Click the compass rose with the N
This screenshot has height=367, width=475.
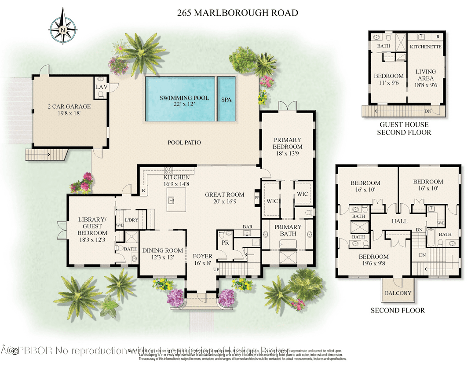(62, 29)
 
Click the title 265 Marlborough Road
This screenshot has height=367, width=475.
(237, 13)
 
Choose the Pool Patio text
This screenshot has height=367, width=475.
(184, 143)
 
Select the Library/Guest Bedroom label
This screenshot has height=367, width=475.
(92, 226)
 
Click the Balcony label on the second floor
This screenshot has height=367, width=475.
(398, 293)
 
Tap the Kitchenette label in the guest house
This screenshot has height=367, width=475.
(425, 46)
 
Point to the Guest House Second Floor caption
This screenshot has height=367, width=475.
(405, 128)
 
